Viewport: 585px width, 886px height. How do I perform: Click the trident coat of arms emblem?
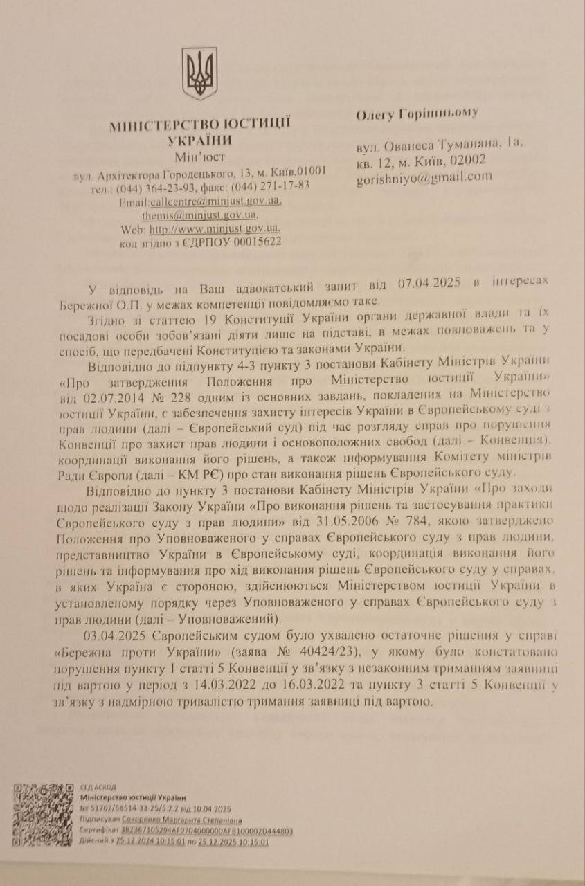[x=200, y=73]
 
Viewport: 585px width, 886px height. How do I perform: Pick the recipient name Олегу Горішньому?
[x=417, y=114]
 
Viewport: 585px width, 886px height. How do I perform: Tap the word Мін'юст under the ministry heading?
[x=200, y=156]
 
